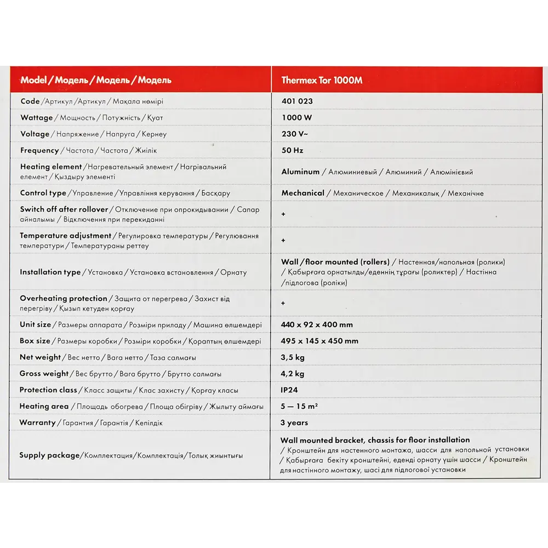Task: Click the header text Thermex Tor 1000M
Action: pyautogui.click(x=322, y=80)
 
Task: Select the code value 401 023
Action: pyautogui.click(x=297, y=101)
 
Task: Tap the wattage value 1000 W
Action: pyautogui.click(x=296, y=117)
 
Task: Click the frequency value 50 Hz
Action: pyautogui.click(x=292, y=150)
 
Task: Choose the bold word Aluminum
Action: pyautogui.click(x=300, y=172)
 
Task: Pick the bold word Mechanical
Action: pyautogui.click(x=303, y=193)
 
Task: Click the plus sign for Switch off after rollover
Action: pyautogui.click(x=283, y=214)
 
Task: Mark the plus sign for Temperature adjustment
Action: pyautogui.click(x=283, y=241)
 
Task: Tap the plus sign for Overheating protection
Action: pyautogui.click(x=283, y=303)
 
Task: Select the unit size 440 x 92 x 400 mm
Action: pyautogui.click(x=317, y=324)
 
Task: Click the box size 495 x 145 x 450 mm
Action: pyautogui.click(x=319, y=341)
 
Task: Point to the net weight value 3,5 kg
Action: pyautogui.click(x=293, y=357)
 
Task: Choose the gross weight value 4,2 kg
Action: pyautogui.click(x=293, y=374)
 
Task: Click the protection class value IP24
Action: pyautogui.click(x=290, y=390)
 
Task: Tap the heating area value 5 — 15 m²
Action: pyautogui.click(x=299, y=406)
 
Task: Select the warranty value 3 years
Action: pyautogui.click(x=294, y=423)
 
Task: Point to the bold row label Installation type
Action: pyautogui.click(x=50, y=272)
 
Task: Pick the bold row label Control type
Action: pyautogui.click(x=43, y=193)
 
